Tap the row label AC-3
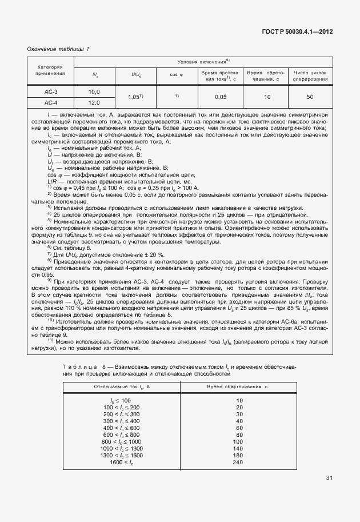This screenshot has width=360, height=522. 51,91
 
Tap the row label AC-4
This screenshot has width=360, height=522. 51,102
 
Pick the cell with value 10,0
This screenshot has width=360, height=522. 94,91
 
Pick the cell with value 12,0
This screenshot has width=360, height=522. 94,102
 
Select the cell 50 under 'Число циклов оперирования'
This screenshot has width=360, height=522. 310,97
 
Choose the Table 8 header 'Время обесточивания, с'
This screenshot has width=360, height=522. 239,387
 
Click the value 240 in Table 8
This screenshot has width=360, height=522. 239,461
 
